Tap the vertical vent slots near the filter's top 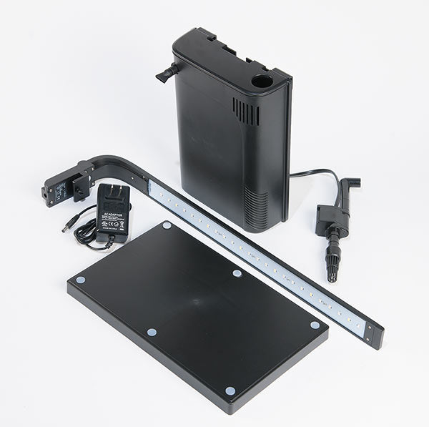(x=246, y=111)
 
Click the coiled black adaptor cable (x=89, y=232)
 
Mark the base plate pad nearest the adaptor (x=167, y=225)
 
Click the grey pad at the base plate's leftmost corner (x=80, y=280)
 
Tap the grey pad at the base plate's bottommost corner (x=230, y=391)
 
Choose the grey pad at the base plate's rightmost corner (x=315, y=325)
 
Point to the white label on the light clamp (x=61, y=190)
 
